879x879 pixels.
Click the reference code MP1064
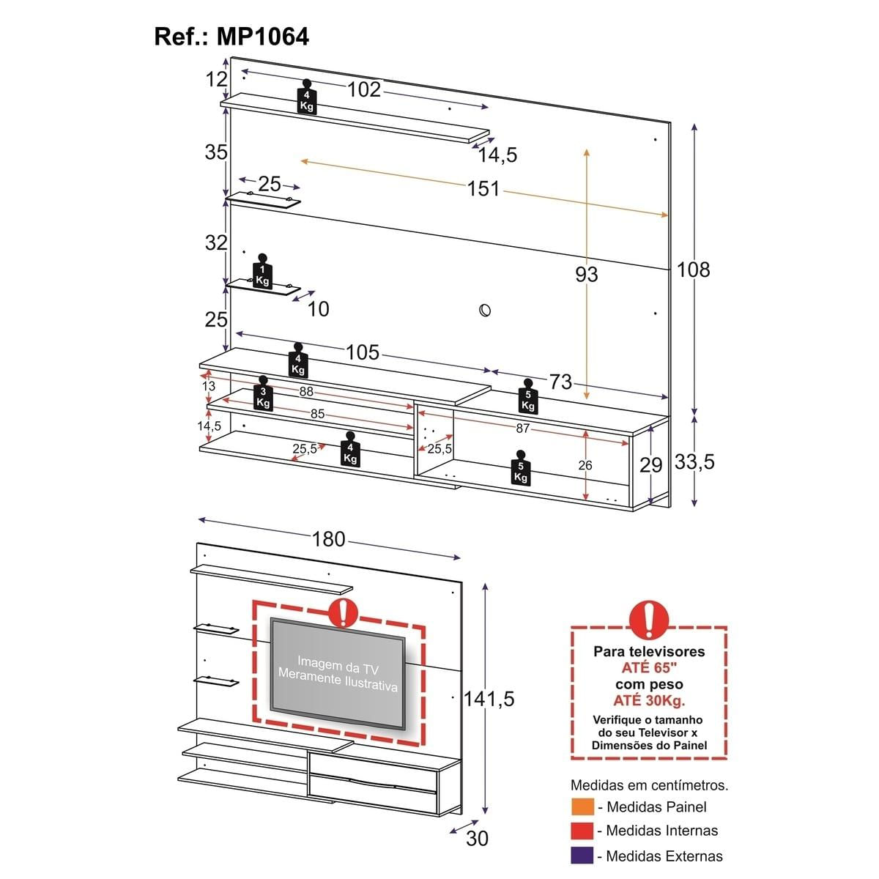tap(263, 37)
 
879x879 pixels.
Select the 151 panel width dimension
tap(483, 188)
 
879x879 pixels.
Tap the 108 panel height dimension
tap(693, 270)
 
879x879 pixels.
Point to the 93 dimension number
tap(586, 274)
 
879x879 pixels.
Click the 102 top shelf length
tap(364, 89)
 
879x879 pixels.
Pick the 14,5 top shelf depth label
tap(498, 155)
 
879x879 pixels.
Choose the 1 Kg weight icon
tap(262, 273)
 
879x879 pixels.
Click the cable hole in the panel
tap(484, 310)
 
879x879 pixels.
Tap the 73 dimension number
tap(560, 381)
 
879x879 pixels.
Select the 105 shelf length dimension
tap(363, 352)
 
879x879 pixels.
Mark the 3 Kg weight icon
tap(263, 395)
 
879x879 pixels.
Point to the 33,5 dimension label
tap(694, 462)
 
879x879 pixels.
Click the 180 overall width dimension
tap(328, 539)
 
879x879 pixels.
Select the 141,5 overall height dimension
tap(489, 699)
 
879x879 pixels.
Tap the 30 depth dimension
tap(477, 838)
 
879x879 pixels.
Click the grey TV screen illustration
tap(338, 673)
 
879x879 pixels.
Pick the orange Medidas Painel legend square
tap(583, 806)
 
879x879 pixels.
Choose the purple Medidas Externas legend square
tap(583, 856)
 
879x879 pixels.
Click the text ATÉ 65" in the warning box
tap(649, 667)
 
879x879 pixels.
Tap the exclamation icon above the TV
tap(342, 612)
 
